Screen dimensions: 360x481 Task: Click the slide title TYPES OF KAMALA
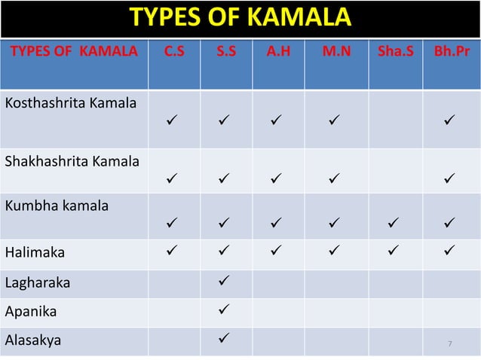tap(240, 17)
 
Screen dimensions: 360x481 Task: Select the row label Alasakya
tap(34, 339)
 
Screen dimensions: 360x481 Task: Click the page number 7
tap(449, 344)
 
